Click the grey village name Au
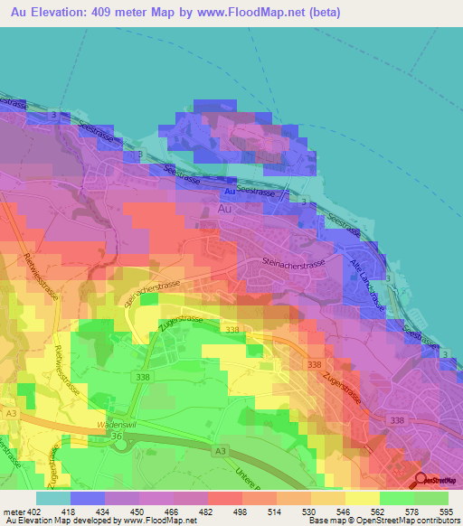click(226, 208)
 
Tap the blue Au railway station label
click(230, 192)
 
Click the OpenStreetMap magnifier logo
click(420, 480)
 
